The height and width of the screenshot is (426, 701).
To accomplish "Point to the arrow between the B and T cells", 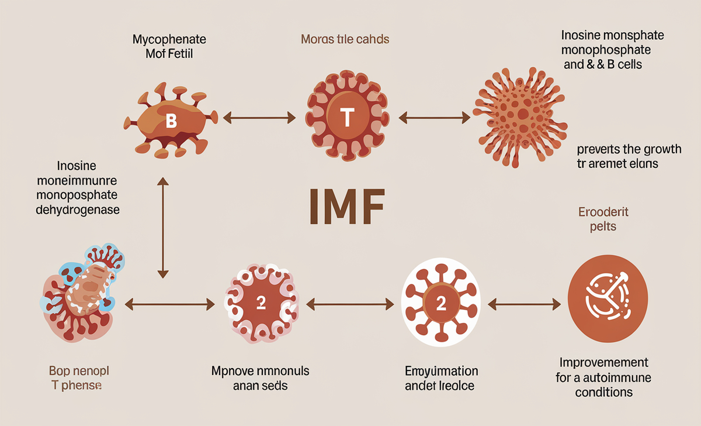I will [x=259, y=119].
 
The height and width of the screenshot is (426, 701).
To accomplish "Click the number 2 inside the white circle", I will [x=442, y=303].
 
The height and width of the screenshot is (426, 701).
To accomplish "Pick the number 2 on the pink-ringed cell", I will [x=261, y=303].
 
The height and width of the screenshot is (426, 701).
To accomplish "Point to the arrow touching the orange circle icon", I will [x=523, y=303].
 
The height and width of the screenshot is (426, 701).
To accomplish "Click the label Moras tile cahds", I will [x=345, y=40].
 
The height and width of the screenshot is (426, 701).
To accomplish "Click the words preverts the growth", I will [x=625, y=148].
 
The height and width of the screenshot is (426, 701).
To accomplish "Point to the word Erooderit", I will [x=603, y=211].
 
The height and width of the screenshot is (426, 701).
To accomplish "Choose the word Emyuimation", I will [x=441, y=371].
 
